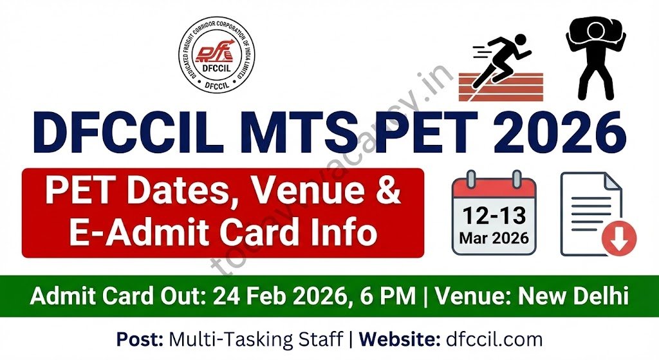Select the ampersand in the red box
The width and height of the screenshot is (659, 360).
tap(387, 193)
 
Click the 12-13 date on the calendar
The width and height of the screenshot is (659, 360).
tap(494, 215)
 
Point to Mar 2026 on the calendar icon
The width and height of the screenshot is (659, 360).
tap(494, 238)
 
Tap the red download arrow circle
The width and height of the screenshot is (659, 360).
tap(618, 239)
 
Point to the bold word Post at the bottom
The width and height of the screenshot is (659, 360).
tap(139, 339)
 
